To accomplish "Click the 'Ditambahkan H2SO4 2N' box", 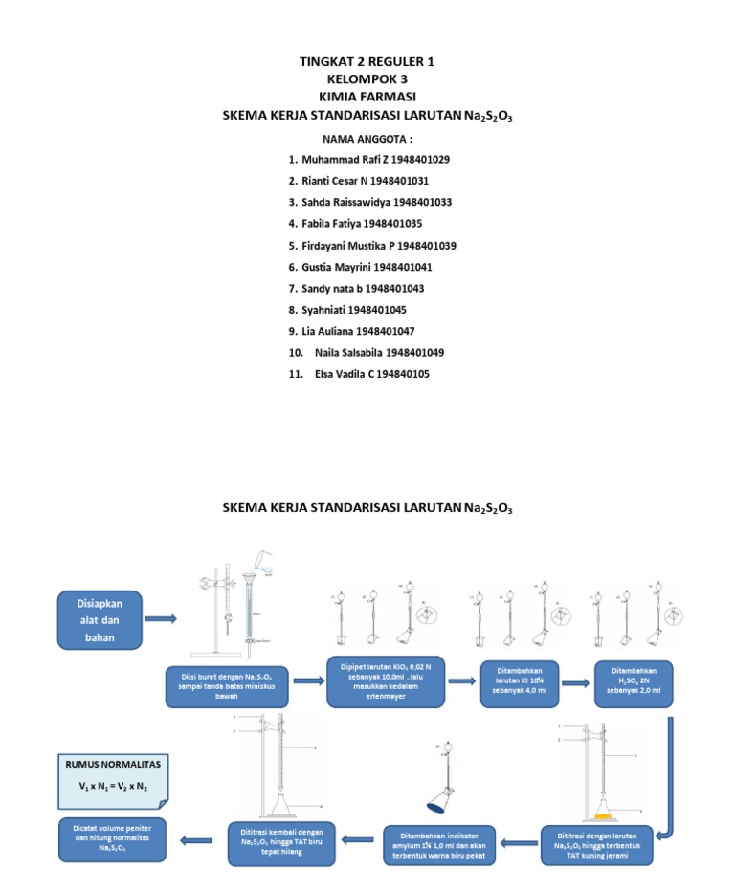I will (x=633, y=682).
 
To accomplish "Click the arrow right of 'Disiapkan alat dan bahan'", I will (x=160, y=619).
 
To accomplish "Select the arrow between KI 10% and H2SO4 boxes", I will (x=575, y=682).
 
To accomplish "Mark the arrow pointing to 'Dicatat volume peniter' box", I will (x=197, y=841).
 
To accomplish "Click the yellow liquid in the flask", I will (x=602, y=815).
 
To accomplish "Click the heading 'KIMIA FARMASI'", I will (x=367, y=97).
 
